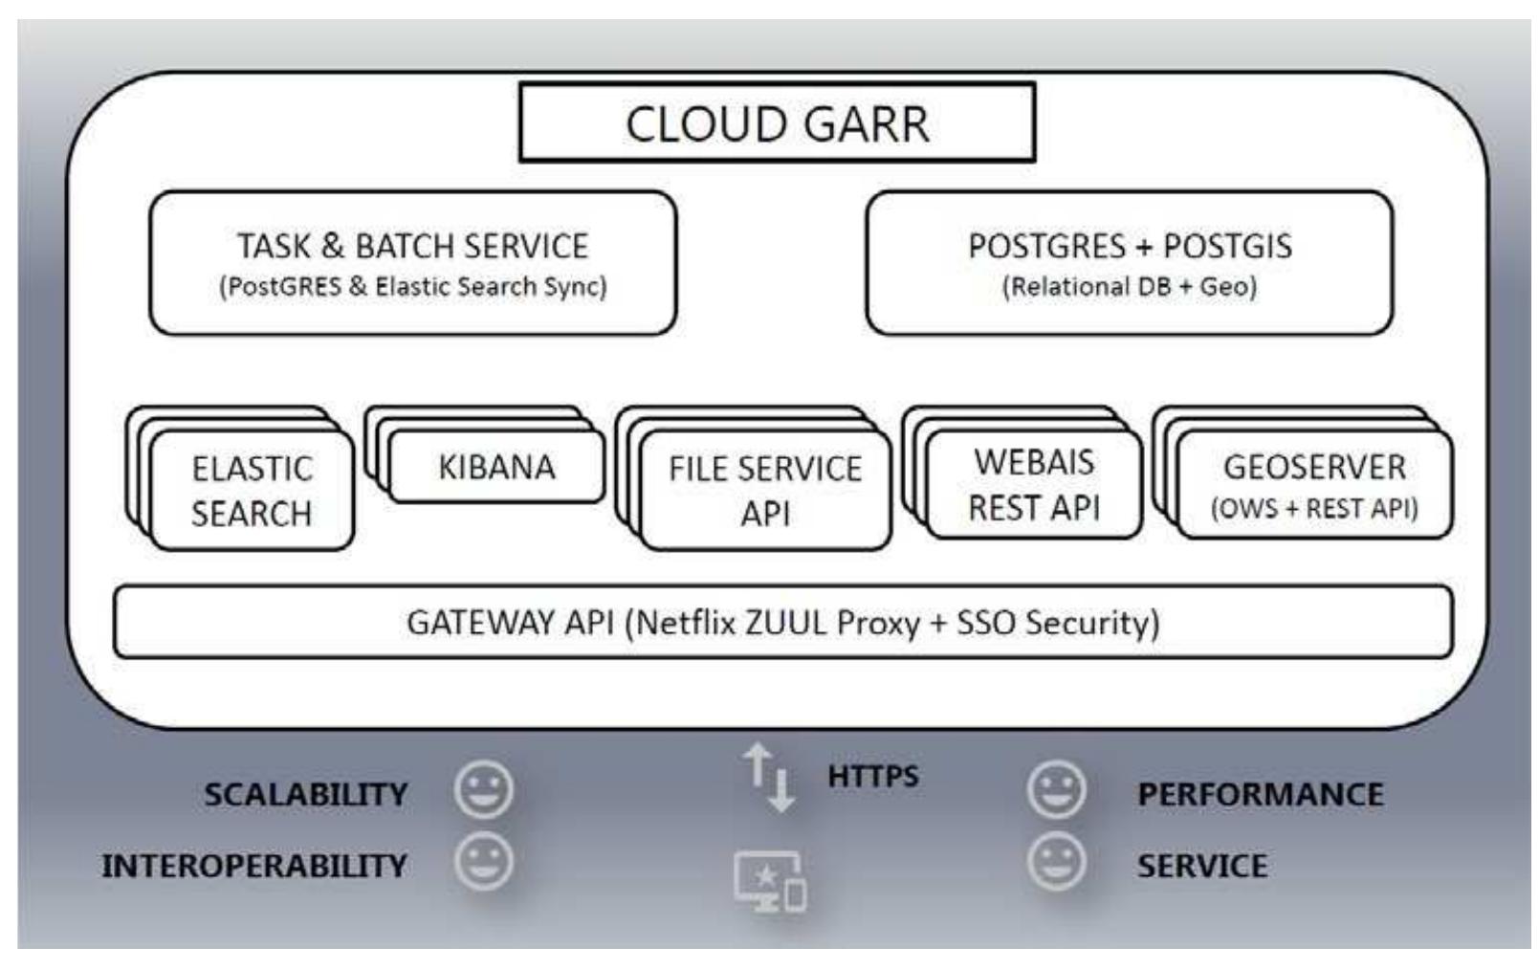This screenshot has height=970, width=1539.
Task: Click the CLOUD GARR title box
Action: pos(777,122)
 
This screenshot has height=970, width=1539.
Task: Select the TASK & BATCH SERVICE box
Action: pos(412,262)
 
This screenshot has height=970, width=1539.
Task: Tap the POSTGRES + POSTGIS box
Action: pos(1129,262)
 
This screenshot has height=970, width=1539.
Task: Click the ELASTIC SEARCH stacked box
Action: pos(252,490)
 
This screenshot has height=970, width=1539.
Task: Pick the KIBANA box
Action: pos(496,467)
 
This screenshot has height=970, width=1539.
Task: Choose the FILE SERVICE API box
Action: pos(765,490)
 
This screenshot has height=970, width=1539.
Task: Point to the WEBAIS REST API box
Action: pos(1034,484)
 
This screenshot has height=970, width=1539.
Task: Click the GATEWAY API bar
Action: pos(782,623)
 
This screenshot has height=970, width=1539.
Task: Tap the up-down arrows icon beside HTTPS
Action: pos(769,777)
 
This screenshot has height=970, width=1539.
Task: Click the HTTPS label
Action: pos(872,776)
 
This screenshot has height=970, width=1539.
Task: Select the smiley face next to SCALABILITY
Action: pos(484,789)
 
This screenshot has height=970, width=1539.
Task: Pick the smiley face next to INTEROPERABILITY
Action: pos(484,861)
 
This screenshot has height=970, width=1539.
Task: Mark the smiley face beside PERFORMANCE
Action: pos(1056,789)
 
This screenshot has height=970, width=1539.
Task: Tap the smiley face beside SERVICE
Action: pos(1056,861)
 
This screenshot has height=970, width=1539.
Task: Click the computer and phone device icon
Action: pos(770,881)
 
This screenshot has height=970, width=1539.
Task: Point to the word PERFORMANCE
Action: pos(1260,794)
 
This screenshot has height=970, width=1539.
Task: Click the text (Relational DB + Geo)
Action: pos(1129,286)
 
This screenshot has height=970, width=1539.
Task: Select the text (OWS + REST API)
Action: pos(1314,508)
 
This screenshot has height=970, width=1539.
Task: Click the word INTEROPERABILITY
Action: pos(254,866)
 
